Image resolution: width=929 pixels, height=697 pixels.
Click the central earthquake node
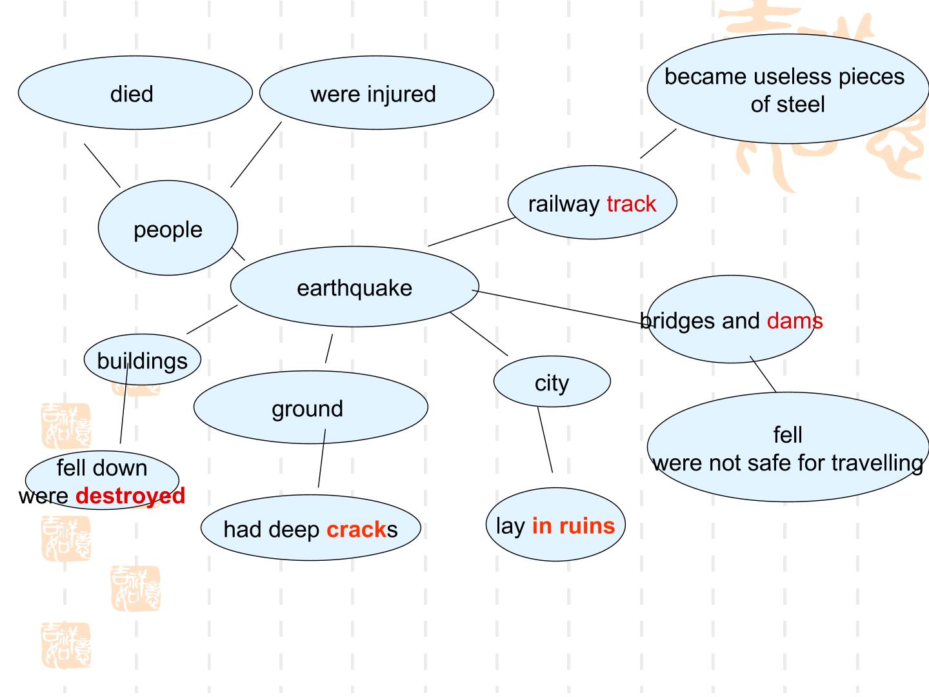355,287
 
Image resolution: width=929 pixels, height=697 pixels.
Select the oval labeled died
135,93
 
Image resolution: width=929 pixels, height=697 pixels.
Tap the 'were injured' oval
376,93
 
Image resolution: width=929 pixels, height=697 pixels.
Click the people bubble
168,228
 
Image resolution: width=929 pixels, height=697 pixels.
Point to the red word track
631,204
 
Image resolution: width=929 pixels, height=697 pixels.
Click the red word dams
794,321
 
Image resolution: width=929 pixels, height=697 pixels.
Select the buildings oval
142,359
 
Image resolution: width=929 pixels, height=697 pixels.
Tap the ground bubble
311,407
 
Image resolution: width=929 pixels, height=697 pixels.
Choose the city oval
552,381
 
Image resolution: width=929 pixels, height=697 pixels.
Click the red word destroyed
130,496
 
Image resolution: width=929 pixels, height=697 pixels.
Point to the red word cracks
356,529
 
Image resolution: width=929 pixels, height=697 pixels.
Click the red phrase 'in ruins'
573,526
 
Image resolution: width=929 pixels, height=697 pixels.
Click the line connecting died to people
102,165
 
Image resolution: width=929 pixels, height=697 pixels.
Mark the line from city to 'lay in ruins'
545,440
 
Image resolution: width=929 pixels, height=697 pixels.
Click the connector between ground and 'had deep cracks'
322,458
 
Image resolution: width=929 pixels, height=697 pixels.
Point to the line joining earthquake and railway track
472,232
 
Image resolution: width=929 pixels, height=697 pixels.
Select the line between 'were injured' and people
256,154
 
